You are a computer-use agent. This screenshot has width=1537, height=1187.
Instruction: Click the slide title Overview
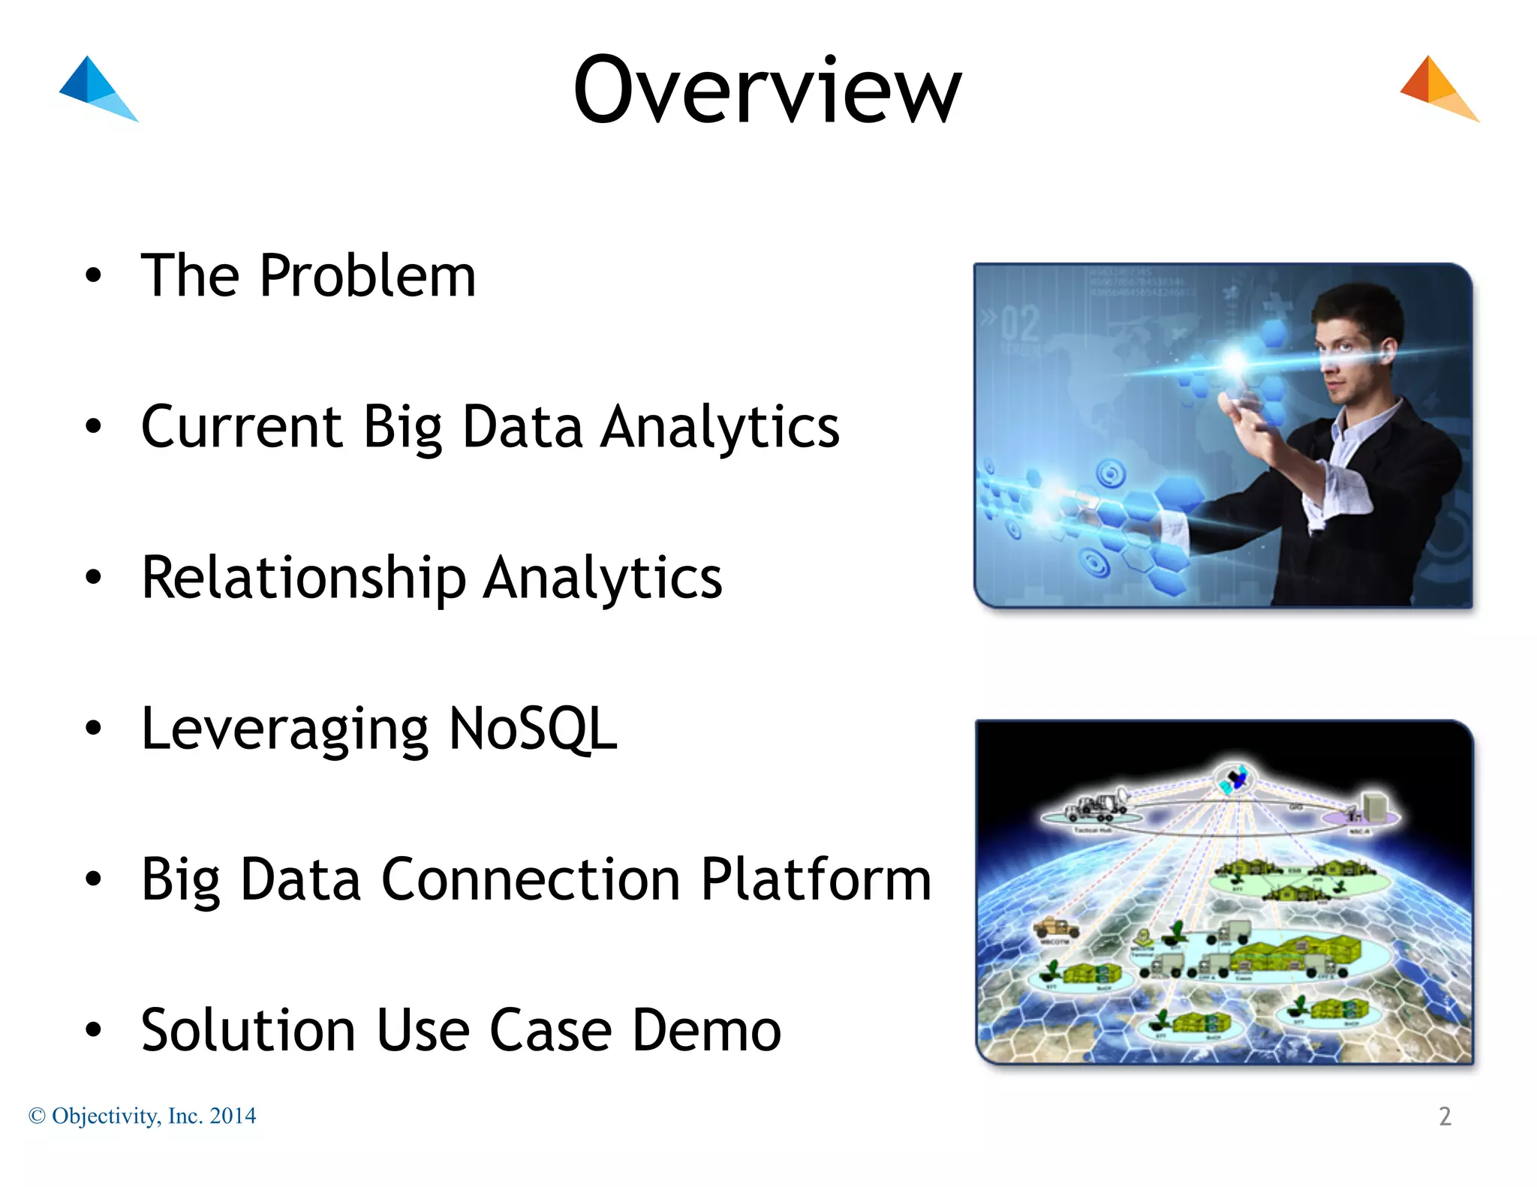click(x=767, y=92)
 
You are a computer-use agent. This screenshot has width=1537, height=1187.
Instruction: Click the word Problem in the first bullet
click(x=368, y=276)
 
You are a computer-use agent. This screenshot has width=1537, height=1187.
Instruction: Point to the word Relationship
click(x=304, y=578)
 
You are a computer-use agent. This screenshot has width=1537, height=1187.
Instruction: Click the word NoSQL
click(x=533, y=729)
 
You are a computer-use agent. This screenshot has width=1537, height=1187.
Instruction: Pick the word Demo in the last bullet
click(x=706, y=1030)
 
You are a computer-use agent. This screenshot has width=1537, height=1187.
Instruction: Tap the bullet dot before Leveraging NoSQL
click(x=93, y=728)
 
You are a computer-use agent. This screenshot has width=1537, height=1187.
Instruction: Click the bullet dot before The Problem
click(x=93, y=275)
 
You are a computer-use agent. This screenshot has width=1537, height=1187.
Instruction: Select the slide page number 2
click(x=1445, y=1116)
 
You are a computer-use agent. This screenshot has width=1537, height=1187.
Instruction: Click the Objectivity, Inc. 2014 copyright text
click(x=143, y=1116)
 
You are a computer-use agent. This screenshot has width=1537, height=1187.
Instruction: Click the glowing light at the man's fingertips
click(x=1235, y=362)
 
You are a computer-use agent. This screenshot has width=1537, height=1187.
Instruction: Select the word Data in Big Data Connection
click(x=300, y=879)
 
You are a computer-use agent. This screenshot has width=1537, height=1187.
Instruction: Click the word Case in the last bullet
click(x=550, y=1030)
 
